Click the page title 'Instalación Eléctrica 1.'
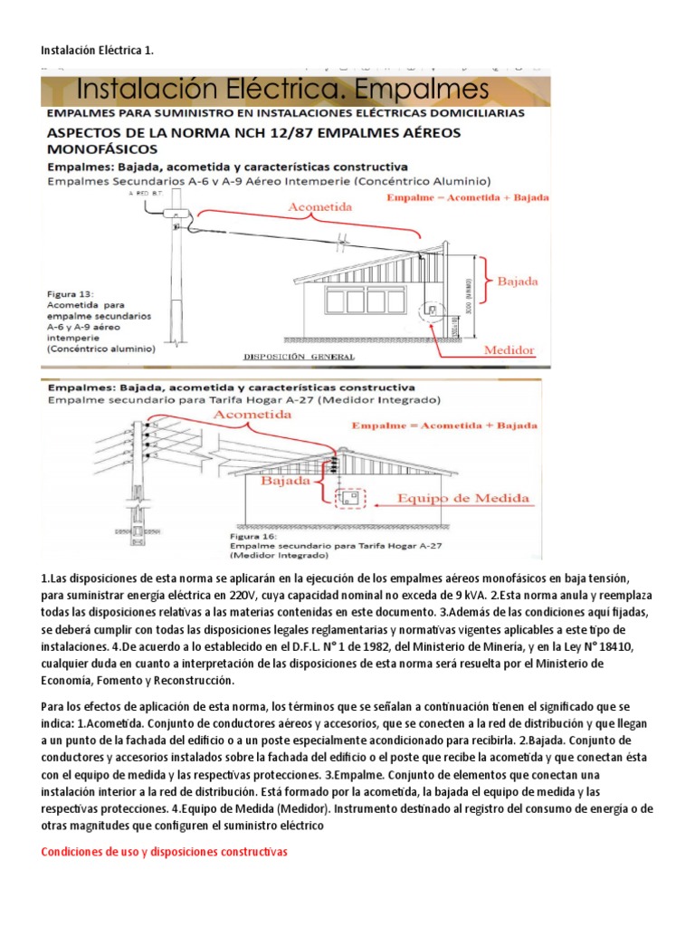(x=98, y=51)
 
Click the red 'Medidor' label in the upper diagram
(x=512, y=350)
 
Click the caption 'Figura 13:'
(x=73, y=294)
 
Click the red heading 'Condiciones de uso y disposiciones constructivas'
(x=164, y=852)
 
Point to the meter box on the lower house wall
(x=347, y=497)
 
